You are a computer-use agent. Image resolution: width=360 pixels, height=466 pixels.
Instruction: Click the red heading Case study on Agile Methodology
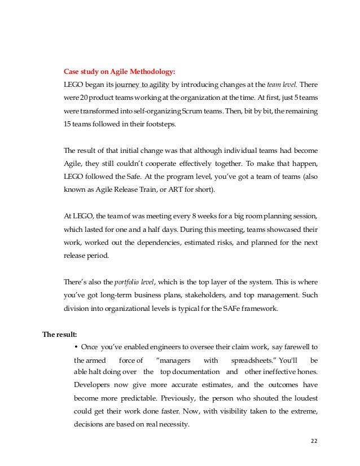pyautogui.click(x=120, y=72)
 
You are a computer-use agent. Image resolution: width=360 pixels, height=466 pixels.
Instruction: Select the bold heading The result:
pyautogui.click(x=62, y=334)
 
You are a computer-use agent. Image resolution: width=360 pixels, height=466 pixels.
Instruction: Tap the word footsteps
pyautogui.click(x=159, y=124)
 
